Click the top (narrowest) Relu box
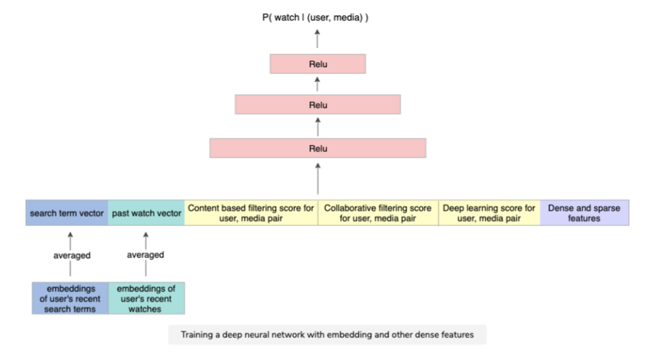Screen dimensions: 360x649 [318, 64]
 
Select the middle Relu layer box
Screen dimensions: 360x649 [318, 105]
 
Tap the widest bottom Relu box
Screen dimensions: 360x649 [318, 148]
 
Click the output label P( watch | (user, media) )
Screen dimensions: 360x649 [316, 17]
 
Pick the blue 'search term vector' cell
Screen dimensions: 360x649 [67, 213]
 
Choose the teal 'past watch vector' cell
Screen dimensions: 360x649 [146, 213]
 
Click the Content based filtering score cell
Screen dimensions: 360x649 [251, 213]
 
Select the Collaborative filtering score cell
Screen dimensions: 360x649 [378, 213]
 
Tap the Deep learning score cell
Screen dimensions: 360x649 [489, 213]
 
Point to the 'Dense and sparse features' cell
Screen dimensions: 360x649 [584, 213]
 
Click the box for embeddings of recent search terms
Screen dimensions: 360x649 [70, 298]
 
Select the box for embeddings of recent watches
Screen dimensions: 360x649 [146, 298]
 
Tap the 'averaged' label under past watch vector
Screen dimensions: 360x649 [146, 255]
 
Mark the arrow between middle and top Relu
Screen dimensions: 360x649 [318, 84]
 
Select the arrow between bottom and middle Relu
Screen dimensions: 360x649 [318, 126]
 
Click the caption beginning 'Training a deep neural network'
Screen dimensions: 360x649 [327, 335]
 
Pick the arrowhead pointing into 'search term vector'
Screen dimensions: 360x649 [70, 233]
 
